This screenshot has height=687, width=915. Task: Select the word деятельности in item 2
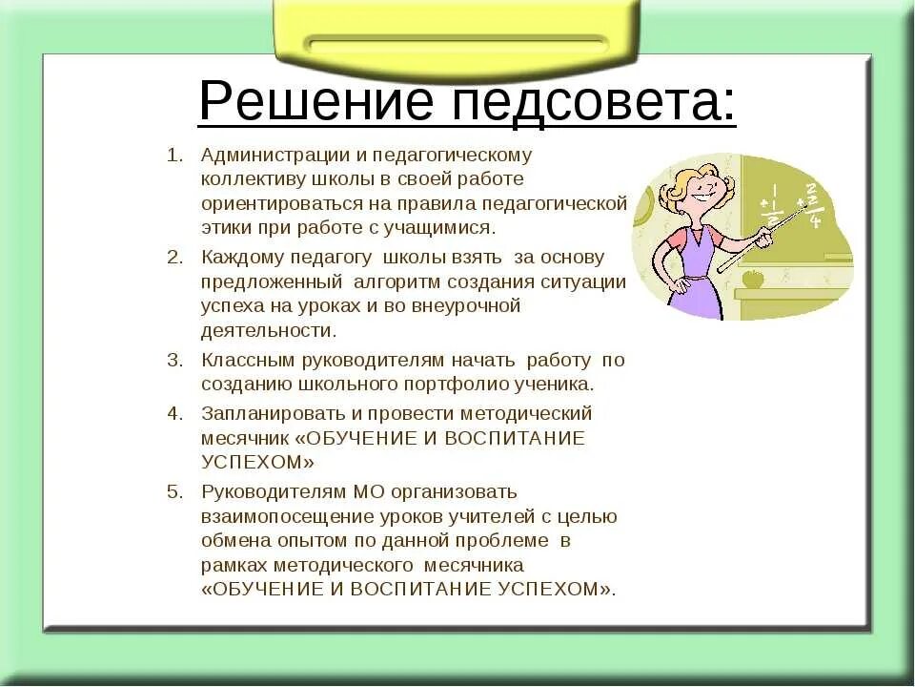267,331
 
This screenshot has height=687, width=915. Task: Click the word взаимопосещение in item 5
275,516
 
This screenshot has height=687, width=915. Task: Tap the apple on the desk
752,279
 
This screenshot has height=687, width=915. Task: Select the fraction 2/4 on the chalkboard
813,205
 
